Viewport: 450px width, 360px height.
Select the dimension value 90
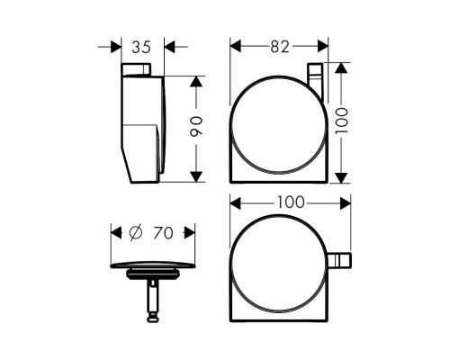click(x=196, y=128)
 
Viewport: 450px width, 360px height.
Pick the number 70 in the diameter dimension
click(x=162, y=232)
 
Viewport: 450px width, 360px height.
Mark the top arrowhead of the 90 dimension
click(x=196, y=79)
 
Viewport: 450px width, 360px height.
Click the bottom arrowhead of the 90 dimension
click(x=196, y=177)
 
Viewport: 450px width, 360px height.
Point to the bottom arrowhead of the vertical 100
click(x=340, y=178)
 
